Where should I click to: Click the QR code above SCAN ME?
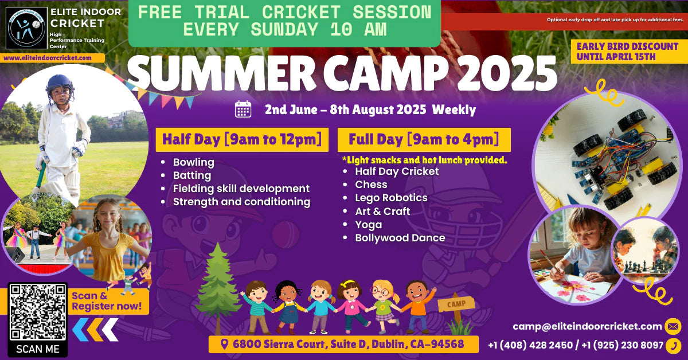38,312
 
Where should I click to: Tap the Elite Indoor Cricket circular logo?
27,28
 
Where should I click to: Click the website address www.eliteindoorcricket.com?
48,58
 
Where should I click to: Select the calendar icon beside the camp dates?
243,109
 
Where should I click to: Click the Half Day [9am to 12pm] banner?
242,140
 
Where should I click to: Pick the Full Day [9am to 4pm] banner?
424,140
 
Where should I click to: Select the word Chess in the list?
371,185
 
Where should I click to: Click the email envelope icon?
673,326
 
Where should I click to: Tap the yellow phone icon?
673,346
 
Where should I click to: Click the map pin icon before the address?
225,345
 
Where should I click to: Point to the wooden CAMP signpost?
456,310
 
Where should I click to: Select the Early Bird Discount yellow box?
628,52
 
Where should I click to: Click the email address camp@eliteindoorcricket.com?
587,326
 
